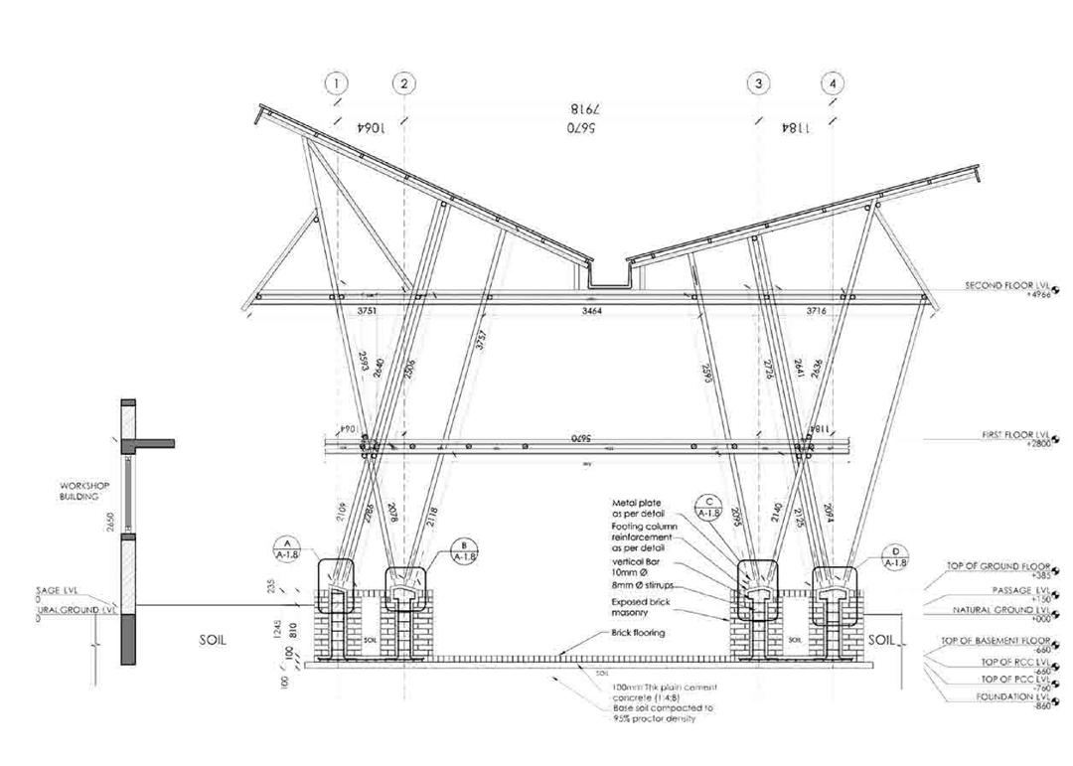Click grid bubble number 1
(337, 84)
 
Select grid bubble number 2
(403, 84)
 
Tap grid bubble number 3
(759, 84)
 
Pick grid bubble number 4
(833, 84)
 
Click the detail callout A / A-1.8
(286, 547)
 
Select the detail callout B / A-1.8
(464, 551)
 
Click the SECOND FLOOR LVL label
(1004, 286)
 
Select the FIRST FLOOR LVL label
(1009, 435)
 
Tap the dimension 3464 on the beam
(593, 311)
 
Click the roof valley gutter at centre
(607, 279)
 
